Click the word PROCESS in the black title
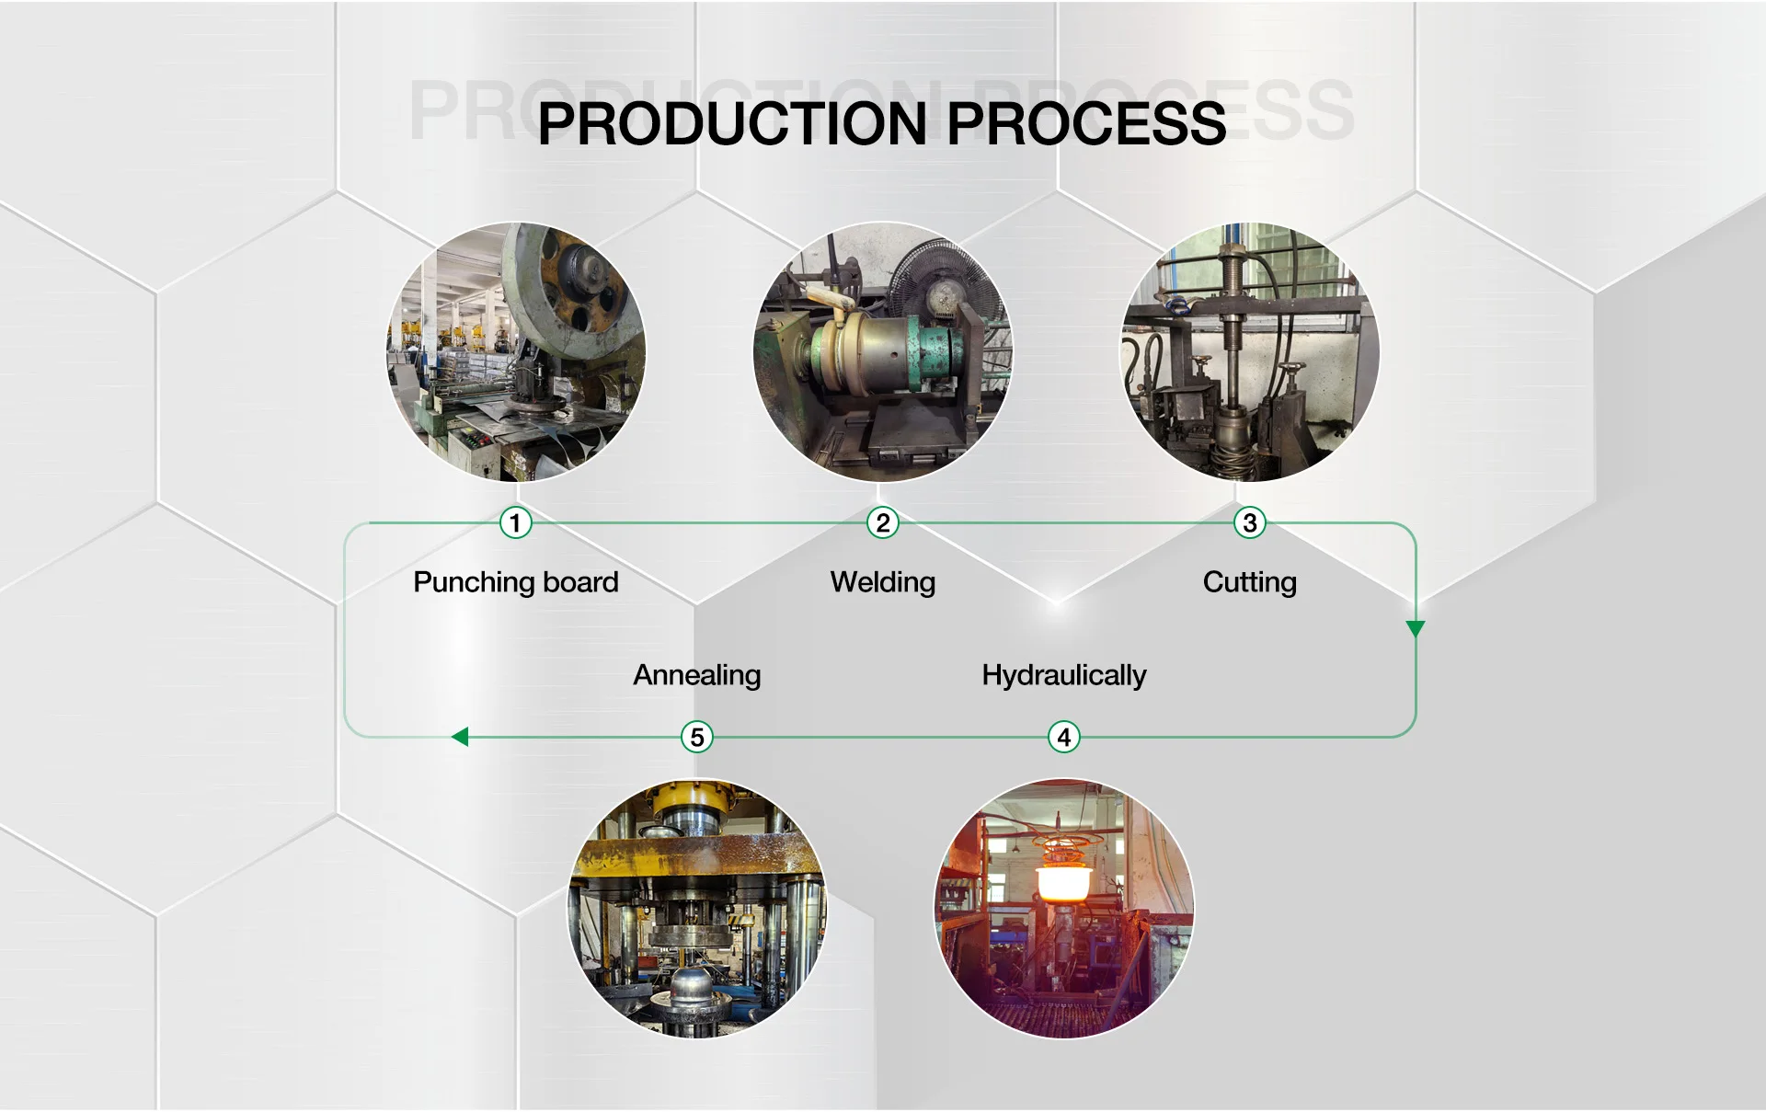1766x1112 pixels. click(x=1086, y=123)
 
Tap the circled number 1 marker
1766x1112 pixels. click(x=515, y=523)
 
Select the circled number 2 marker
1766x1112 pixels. click(x=883, y=523)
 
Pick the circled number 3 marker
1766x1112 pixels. click(x=1249, y=523)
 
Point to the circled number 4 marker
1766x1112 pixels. click(x=1064, y=737)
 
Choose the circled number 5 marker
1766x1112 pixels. click(x=697, y=737)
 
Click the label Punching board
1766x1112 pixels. click(x=515, y=582)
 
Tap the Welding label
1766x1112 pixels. click(x=883, y=582)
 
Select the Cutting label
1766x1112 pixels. click(x=1249, y=582)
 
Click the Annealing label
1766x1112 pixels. click(x=697, y=675)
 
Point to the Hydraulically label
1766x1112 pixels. click(x=1064, y=675)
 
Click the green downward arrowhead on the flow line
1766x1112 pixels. click(x=1416, y=629)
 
